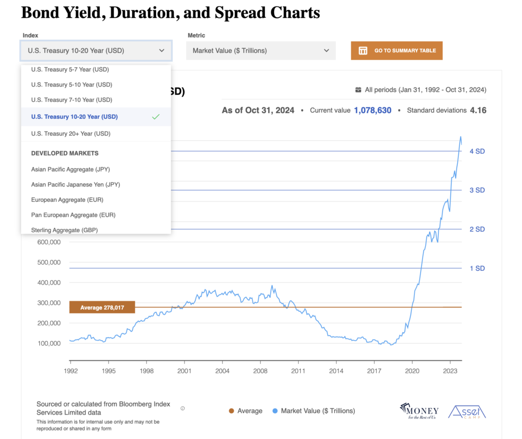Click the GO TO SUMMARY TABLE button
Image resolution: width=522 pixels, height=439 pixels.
(x=397, y=50)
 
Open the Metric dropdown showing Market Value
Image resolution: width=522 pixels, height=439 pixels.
(x=260, y=50)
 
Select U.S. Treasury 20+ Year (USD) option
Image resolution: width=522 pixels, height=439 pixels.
(x=71, y=134)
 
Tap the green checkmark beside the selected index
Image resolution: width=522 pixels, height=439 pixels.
(x=156, y=117)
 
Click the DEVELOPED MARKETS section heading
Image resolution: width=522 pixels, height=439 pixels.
(x=65, y=153)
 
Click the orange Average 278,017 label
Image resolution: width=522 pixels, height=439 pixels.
(x=102, y=307)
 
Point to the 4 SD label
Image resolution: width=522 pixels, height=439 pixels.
(x=477, y=151)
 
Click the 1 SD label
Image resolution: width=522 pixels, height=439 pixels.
(x=477, y=268)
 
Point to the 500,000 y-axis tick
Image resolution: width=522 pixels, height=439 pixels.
(x=48, y=262)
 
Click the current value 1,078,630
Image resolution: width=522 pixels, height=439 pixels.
(x=373, y=110)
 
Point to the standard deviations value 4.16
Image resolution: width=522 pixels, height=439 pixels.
(x=478, y=110)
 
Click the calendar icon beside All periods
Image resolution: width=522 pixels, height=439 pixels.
(x=358, y=90)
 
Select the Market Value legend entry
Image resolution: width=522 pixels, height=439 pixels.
(x=317, y=410)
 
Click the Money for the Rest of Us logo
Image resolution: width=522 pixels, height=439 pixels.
(x=419, y=410)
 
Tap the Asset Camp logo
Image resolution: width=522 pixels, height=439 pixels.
(x=466, y=411)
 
